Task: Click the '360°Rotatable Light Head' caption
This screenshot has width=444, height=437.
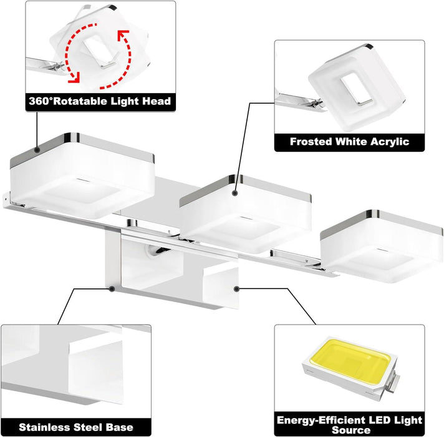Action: click(x=100, y=101)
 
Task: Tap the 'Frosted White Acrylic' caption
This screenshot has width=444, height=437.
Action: click(x=349, y=141)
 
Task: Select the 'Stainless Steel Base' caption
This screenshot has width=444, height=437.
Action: click(x=76, y=428)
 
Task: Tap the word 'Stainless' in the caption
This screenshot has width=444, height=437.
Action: click(x=45, y=428)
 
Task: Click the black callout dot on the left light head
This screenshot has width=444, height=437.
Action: click(x=38, y=150)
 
